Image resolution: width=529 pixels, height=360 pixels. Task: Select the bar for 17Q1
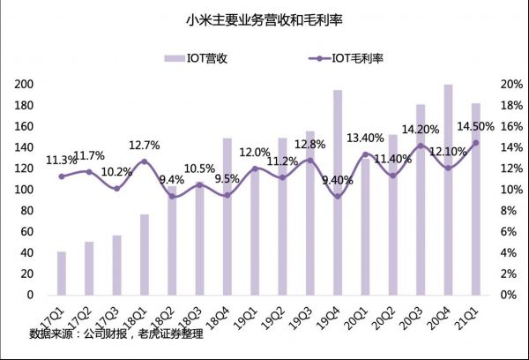point(62,273)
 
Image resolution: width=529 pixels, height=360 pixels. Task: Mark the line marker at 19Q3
point(309,161)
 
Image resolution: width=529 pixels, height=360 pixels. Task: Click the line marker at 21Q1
point(475,143)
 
